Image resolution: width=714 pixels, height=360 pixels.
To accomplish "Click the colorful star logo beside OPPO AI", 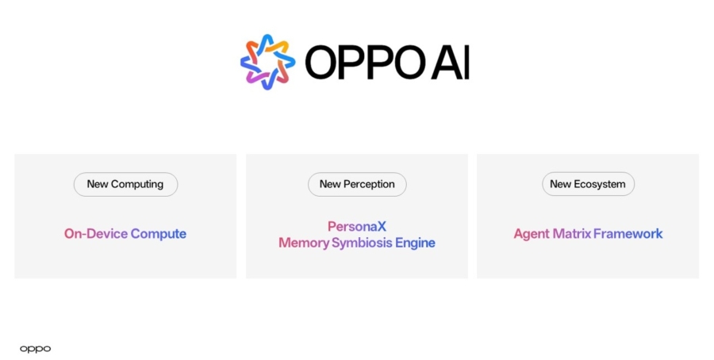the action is point(268,62).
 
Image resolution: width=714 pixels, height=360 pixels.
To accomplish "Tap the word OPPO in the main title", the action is point(365,63).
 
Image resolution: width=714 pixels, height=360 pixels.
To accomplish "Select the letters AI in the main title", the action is point(451,63).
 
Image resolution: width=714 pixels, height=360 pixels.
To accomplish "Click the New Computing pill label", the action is point(125,184).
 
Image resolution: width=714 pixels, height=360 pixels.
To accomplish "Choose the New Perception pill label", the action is point(357,184).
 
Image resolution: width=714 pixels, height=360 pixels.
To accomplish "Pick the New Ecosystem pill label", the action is point(588,184).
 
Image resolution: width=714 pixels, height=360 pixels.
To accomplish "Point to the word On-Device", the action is point(96,233).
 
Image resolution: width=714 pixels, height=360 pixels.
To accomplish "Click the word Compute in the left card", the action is point(159,234).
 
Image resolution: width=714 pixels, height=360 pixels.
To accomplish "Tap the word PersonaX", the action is point(357,226).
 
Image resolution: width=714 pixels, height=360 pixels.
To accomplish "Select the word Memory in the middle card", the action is point(304,243).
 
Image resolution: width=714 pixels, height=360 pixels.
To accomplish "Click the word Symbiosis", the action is point(362,243).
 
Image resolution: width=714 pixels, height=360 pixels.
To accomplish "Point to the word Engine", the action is point(415,243).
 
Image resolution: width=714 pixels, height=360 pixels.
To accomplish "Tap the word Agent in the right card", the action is point(532,234).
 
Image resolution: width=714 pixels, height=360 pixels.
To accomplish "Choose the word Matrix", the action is point(572,233).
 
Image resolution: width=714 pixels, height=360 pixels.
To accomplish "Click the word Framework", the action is point(628,233).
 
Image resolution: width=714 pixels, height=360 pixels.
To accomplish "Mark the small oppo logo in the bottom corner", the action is point(36,349).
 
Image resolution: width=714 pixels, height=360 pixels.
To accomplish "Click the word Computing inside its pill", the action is point(137,184).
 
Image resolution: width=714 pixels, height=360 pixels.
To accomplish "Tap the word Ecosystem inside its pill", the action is point(600,184).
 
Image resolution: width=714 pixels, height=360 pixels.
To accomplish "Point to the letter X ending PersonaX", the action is point(382,226).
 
